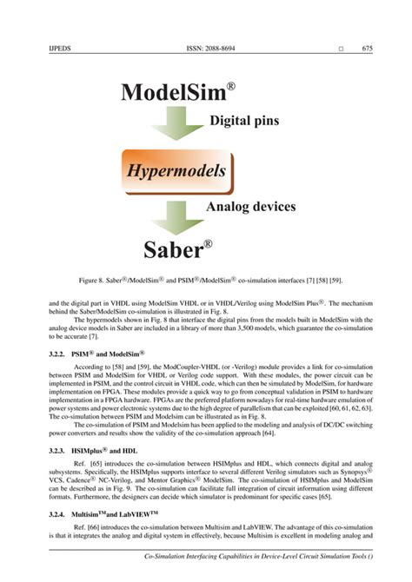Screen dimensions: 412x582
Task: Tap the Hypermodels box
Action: [x=177, y=170]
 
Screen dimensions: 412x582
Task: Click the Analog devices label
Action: [x=250, y=207]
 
